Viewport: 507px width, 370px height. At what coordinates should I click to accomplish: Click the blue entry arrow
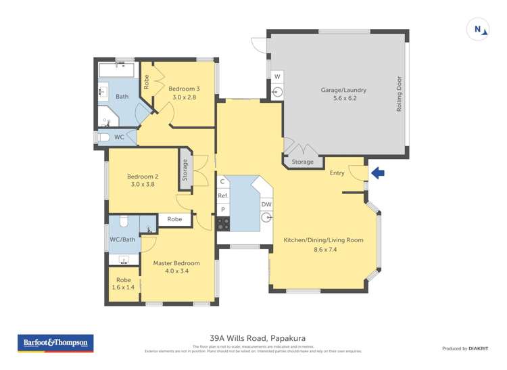tap(379, 173)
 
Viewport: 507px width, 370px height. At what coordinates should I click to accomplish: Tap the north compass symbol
tap(479, 30)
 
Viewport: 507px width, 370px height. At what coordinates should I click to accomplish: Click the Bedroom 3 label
tap(184, 93)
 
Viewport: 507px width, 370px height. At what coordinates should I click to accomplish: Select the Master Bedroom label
tap(176, 267)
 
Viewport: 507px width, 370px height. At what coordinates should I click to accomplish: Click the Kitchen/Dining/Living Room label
tap(323, 244)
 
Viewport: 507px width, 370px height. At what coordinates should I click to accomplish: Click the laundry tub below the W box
tap(277, 92)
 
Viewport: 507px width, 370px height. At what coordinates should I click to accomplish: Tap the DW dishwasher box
tap(266, 204)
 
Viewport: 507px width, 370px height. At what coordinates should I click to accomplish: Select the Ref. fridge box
tap(222, 195)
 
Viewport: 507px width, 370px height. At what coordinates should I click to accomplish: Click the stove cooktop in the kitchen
tap(222, 223)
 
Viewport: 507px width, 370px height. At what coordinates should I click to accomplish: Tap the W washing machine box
tap(277, 76)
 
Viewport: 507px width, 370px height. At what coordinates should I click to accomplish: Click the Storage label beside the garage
tap(302, 162)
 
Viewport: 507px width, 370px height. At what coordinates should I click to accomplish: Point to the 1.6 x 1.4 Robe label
tap(123, 283)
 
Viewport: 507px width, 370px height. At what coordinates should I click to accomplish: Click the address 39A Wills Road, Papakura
tap(254, 338)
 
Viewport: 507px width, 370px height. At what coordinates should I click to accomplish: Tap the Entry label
tap(337, 173)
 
